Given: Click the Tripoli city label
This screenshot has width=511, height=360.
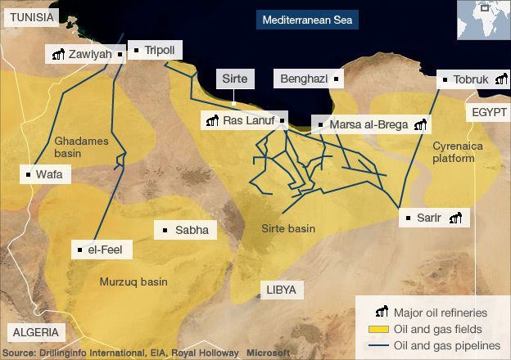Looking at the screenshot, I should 159,50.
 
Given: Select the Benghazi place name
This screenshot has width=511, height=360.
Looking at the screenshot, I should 304,79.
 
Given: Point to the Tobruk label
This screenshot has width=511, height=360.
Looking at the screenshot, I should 470,79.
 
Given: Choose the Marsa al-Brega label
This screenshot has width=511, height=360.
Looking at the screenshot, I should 367,125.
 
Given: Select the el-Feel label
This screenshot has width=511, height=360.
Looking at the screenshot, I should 107,249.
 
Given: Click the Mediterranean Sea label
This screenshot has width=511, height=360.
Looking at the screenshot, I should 306,19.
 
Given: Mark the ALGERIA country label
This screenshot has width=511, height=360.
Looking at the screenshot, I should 34,331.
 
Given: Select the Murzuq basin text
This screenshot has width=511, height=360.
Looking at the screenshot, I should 133,281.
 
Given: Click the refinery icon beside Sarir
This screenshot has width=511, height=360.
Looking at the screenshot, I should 454,218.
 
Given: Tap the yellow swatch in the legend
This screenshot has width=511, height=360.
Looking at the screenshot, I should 378,329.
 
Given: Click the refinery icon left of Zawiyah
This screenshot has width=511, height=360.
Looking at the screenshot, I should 57,55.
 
